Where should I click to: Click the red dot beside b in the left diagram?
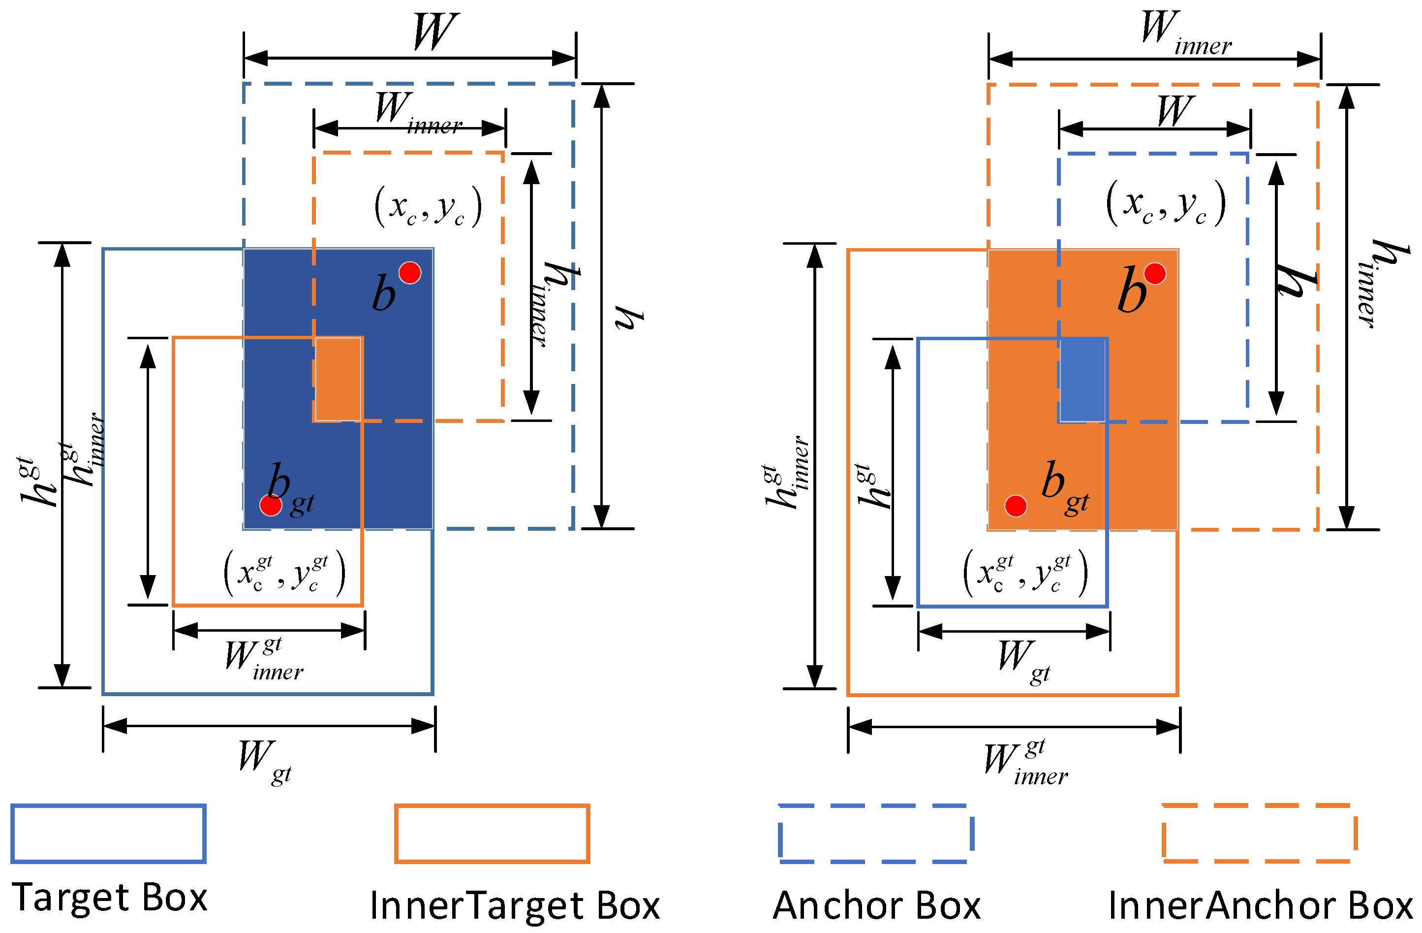(x=410, y=273)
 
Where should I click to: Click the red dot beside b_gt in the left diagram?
(x=271, y=505)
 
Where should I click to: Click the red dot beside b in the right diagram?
(x=1155, y=273)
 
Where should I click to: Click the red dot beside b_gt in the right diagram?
(x=1016, y=506)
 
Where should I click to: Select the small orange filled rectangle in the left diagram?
(x=338, y=379)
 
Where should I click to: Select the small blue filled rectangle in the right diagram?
(x=1082, y=380)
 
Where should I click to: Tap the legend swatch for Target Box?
(x=108, y=833)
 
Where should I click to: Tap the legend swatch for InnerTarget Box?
(x=492, y=833)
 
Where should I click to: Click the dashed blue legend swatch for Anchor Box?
(x=876, y=833)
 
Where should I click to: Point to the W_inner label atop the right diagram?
(x=1185, y=33)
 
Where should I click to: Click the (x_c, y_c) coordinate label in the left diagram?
(x=428, y=206)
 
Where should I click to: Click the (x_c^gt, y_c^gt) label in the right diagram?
(x=1025, y=573)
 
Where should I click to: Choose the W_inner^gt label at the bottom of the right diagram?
(x=1026, y=761)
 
